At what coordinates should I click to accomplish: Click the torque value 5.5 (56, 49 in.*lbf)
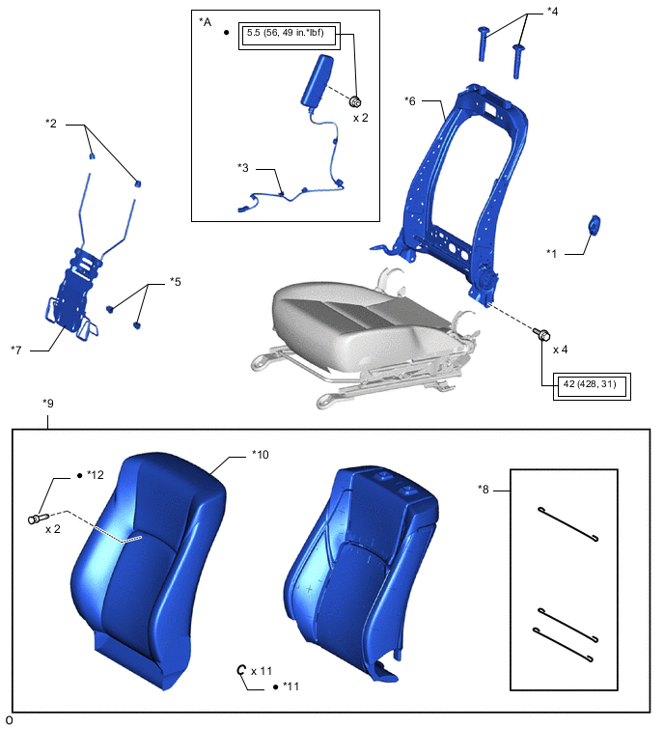pyautogui.click(x=286, y=33)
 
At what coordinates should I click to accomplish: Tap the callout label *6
pyautogui.click(x=410, y=100)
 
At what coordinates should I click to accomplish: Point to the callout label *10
pyautogui.click(x=261, y=455)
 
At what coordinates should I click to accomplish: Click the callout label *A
pyautogui.click(x=205, y=22)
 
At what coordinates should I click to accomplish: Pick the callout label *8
pyautogui.click(x=484, y=490)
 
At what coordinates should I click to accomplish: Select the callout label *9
pyautogui.click(x=48, y=403)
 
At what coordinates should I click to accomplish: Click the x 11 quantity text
pyautogui.click(x=262, y=671)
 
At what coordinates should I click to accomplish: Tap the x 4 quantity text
pyautogui.click(x=560, y=350)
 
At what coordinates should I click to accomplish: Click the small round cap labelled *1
pyautogui.click(x=594, y=225)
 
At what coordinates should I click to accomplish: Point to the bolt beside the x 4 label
pyautogui.click(x=541, y=334)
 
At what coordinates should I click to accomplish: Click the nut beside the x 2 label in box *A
pyautogui.click(x=355, y=101)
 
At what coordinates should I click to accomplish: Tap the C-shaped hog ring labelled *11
pyautogui.click(x=240, y=670)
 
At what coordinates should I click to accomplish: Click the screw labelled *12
pyautogui.click(x=38, y=518)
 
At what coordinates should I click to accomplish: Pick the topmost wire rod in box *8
pyautogui.click(x=567, y=524)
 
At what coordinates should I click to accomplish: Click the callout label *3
pyautogui.click(x=243, y=168)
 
